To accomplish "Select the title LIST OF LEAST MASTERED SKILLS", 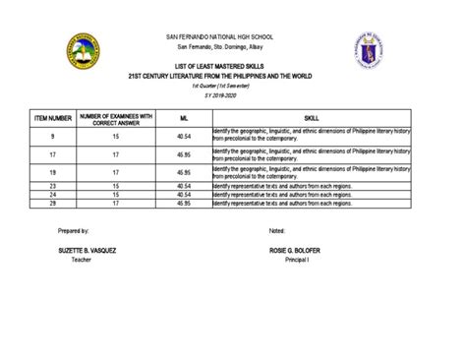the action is tap(232, 65).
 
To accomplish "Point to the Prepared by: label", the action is tap(73, 229).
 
